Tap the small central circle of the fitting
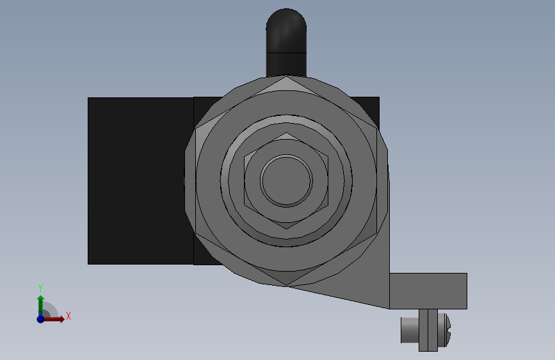click(286, 181)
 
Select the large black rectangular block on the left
click(141, 181)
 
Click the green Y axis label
click(40, 288)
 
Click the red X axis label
click(68, 316)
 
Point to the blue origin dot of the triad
click(40, 319)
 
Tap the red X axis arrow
click(53, 319)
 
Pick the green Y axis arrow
click(40, 305)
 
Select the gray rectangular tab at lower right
click(428, 291)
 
